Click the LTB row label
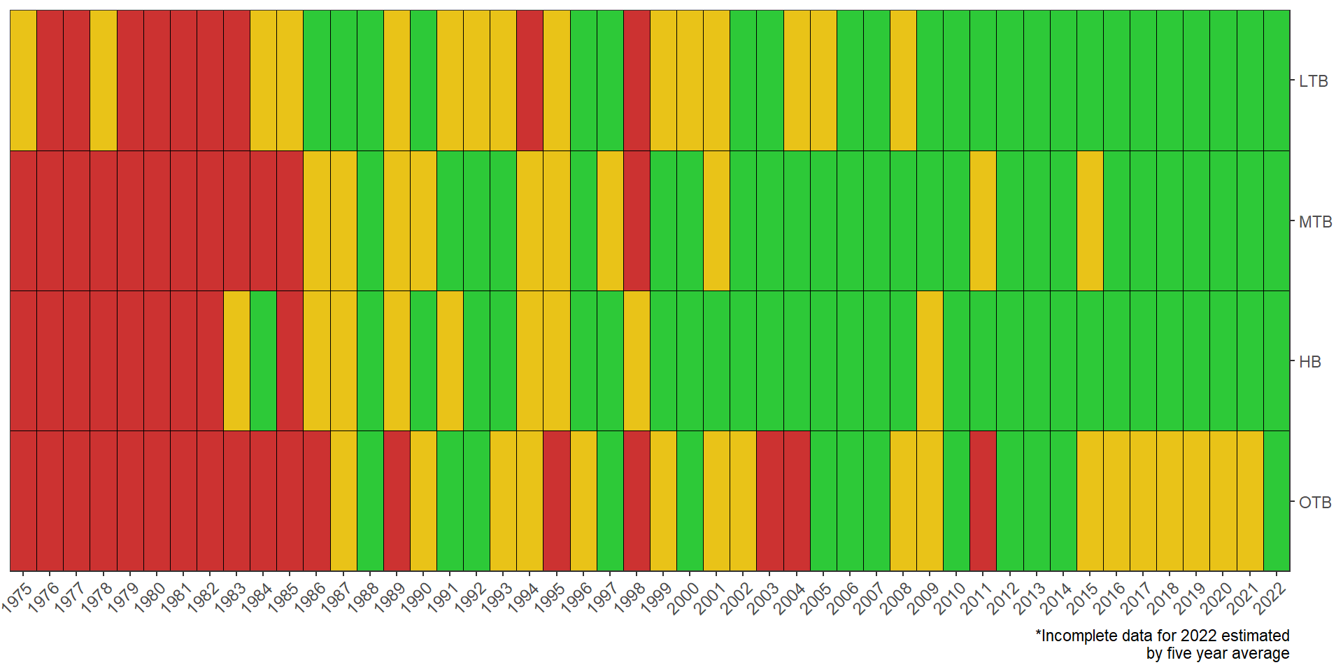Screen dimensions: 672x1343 pyautogui.click(x=1313, y=81)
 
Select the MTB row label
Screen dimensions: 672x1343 pyautogui.click(x=1315, y=222)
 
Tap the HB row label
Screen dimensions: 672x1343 pyautogui.click(x=1309, y=362)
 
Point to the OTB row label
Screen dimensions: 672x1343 pyautogui.click(x=1315, y=503)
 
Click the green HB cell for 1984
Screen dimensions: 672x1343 pyautogui.click(x=263, y=360)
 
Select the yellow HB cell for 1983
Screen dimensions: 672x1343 pyautogui.click(x=236, y=360)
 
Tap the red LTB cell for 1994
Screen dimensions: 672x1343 pyautogui.click(x=530, y=80)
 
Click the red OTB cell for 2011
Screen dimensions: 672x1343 pyautogui.click(x=983, y=500)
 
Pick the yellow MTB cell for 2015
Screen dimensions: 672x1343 pyautogui.click(x=1090, y=220)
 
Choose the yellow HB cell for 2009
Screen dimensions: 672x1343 pyautogui.click(x=930, y=360)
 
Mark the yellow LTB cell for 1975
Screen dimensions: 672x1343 pyautogui.click(x=23, y=80)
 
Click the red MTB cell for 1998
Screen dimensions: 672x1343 pyautogui.click(x=637, y=220)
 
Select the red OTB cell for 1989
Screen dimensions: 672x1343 pyautogui.click(x=397, y=500)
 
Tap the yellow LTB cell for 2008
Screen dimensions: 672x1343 pyautogui.click(x=903, y=80)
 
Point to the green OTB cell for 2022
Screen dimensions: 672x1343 pyautogui.click(x=1277, y=500)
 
